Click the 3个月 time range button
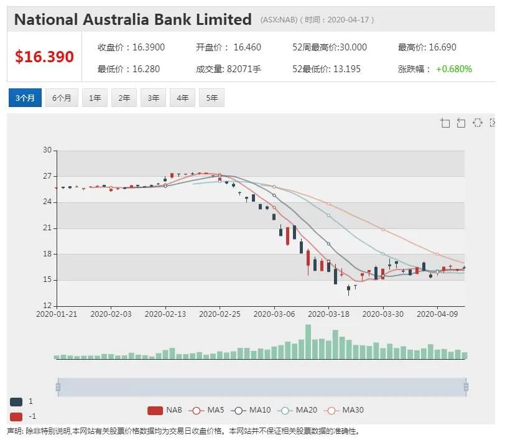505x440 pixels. point(25,98)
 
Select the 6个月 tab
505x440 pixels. point(62,98)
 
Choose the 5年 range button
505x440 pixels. point(211,98)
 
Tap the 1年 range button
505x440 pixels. point(95,98)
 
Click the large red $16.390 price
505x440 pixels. point(44,57)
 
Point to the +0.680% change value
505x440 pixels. point(454,69)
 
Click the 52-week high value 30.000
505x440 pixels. point(353,47)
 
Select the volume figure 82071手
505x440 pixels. point(244,69)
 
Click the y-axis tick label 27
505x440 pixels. point(47,176)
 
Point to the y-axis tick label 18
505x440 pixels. point(47,254)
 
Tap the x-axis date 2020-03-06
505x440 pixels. point(274,314)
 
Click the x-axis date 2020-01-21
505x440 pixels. point(57,314)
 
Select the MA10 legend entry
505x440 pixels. point(251,410)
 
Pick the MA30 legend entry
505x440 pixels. point(344,410)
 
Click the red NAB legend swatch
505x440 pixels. point(155,410)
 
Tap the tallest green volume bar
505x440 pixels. point(308,342)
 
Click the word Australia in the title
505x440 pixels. point(116,19)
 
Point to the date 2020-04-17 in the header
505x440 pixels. point(348,20)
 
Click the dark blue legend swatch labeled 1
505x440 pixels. point(16,401)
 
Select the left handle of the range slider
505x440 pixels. point(58,387)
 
